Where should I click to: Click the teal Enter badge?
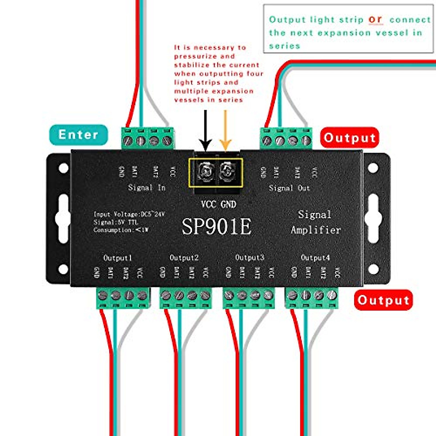click(x=78, y=135)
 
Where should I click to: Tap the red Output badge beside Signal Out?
click(x=350, y=138)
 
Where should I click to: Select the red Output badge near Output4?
click(x=383, y=300)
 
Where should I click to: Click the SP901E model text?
click(x=217, y=227)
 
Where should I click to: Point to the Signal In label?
click(x=147, y=187)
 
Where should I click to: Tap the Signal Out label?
click(x=289, y=188)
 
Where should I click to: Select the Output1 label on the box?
click(x=118, y=258)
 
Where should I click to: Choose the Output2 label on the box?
click(x=184, y=258)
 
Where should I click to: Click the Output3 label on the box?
click(x=250, y=258)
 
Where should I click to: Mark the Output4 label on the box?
click(x=315, y=258)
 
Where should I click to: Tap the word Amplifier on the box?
click(x=316, y=230)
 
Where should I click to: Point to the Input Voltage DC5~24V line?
click(x=129, y=214)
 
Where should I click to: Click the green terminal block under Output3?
click(x=249, y=298)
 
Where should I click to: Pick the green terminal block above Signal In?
click(x=147, y=138)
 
